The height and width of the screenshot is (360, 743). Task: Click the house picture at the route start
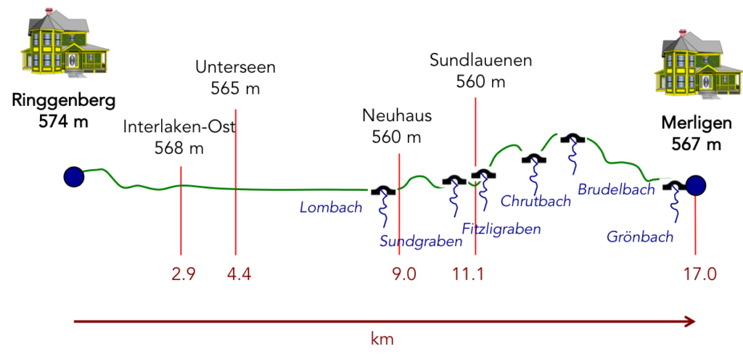(64, 39)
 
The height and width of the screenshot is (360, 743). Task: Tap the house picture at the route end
(696, 60)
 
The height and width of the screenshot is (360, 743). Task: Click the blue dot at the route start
(74, 176)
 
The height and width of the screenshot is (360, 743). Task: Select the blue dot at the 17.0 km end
(696, 186)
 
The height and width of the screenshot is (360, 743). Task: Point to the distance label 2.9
(184, 274)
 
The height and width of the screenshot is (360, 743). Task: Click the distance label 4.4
(239, 274)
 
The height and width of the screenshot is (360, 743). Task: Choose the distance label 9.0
(404, 274)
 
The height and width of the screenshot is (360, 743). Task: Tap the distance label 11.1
(468, 274)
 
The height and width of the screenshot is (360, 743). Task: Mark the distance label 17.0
(699, 274)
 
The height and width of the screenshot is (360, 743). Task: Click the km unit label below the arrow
(382, 338)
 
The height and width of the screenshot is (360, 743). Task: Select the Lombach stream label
(331, 208)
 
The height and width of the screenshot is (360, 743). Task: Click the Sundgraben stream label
(421, 242)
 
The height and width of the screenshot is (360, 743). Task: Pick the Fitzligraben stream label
(501, 229)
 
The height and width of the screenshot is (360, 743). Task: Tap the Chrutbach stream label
(535, 202)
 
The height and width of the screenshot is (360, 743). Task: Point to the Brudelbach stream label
(616, 189)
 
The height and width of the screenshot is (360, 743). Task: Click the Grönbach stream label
(640, 237)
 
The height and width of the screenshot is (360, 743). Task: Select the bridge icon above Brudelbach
(572, 138)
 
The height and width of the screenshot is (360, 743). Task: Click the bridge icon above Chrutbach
(534, 157)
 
